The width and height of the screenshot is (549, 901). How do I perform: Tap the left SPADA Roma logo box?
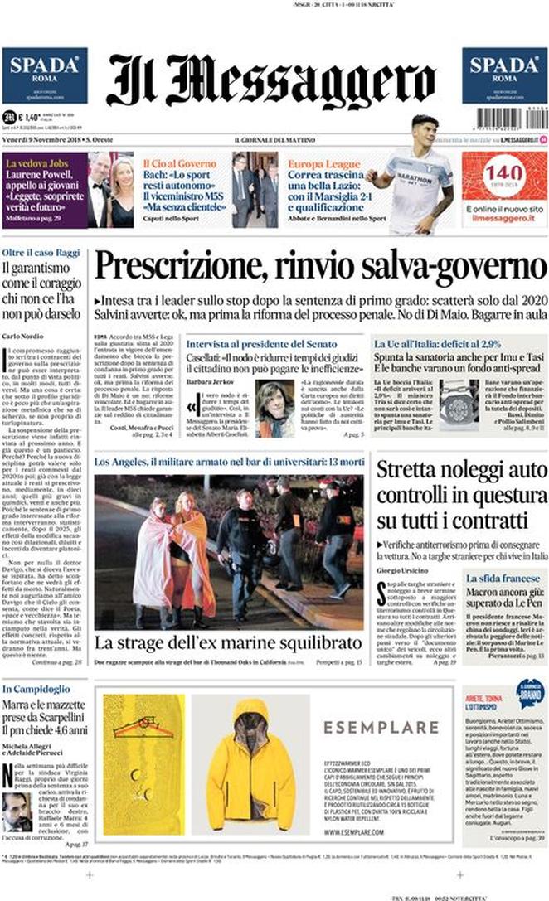coord(45,75)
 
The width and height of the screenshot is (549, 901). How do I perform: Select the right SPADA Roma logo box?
coord(504,75)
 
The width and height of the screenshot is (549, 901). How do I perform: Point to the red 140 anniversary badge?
coord(503,176)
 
